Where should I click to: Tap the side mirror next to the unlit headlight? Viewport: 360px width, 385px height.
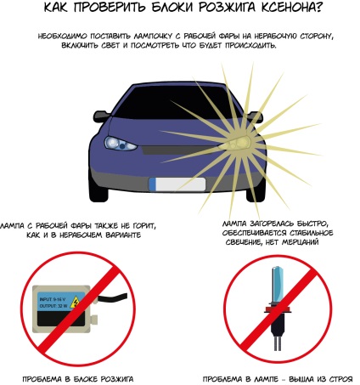click(101, 116)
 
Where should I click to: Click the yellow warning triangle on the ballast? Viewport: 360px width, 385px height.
click(75, 302)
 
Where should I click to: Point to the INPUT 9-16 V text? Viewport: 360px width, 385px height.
click(53, 299)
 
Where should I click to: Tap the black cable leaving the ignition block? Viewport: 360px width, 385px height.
click(113, 297)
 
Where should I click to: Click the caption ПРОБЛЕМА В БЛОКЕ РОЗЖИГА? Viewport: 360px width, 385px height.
click(78, 379)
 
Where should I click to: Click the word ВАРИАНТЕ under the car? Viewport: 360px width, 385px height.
click(122, 235)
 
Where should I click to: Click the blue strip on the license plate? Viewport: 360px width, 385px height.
click(152, 184)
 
